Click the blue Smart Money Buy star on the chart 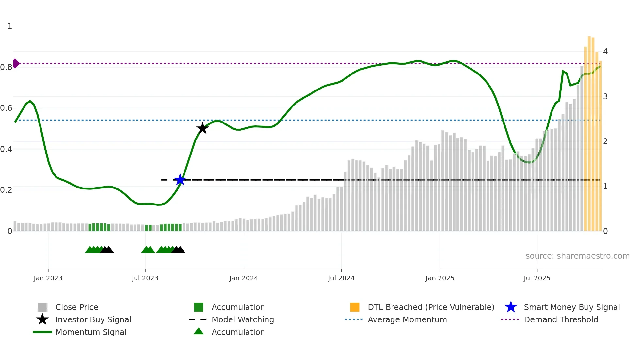pos(180,180)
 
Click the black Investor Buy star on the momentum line pos(202,128)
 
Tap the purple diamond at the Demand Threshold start pos(16,63)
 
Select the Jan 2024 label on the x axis pos(244,278)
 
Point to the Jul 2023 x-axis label pos(145,278)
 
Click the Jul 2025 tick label pos(537,278)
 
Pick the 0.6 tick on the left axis pos(6,108)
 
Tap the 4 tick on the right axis pos(605,52)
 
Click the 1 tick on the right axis pos(605,187)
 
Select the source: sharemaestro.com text pos(577,256)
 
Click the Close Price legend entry pos(77,307)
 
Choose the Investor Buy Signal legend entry pos(93,319)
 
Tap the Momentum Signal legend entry pos(91,332)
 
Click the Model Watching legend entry pos(243,319)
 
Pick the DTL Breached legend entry pos(431,307)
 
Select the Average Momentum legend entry pos(407,319)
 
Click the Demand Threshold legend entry pos(561,319)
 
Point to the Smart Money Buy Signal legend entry pos(572,307)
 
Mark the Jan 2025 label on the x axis pos(440,278)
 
